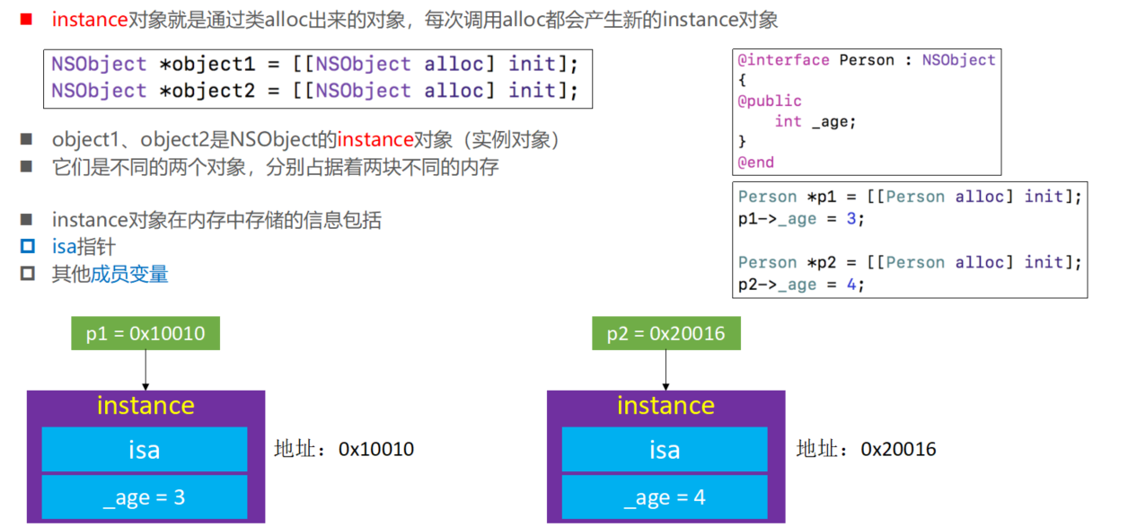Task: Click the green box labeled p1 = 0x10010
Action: click(145, 334)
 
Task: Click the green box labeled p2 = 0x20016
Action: click(665, 334)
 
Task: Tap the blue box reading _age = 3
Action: click(145, 497)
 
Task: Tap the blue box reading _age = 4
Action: click(665, 497)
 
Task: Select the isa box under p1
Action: click(145, 449)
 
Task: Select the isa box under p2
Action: click(665, 449)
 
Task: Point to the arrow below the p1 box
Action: click(145, 370)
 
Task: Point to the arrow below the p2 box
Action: click(665, 370)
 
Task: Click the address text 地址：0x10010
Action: click(344, 449)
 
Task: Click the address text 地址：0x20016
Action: click(866, 449)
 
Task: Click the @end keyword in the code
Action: click(756, 162)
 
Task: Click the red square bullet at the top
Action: click(26, 19)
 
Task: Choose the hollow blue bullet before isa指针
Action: click(28, 247)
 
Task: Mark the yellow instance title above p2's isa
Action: click(665, 406)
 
